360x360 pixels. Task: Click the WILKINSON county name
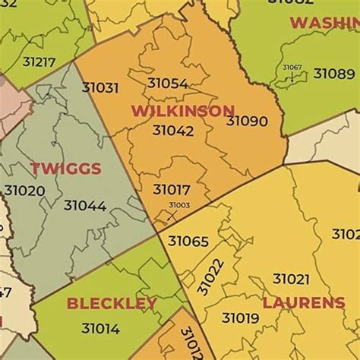(x=182, y=111)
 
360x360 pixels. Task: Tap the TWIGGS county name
(x=65, y=169)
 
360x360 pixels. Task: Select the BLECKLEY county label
(x=112, y=304)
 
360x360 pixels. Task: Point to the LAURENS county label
(x=303, y=303)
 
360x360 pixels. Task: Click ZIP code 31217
(x=39, y=62)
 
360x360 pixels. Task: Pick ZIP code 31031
(x=100, y=87)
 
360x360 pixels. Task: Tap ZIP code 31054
(x=167, y=84)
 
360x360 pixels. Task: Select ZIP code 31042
(x=172, y=131)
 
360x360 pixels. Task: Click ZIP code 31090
(x=246, y=121)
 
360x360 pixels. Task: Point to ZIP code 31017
(x=171, y=190)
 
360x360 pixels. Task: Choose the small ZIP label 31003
(x=179, y=205)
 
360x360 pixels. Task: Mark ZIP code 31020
(x=24, y=191)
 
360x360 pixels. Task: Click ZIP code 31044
(x=84, y=205)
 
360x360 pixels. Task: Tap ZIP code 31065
(x=188, y=242)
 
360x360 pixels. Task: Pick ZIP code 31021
(x=291, y=279)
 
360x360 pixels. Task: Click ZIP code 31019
(x=240, y=317)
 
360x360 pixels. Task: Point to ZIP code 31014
(x=100, y=329)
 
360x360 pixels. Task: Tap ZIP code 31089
(x=333, y=74)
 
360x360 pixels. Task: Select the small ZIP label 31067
(x=292, y=68)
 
